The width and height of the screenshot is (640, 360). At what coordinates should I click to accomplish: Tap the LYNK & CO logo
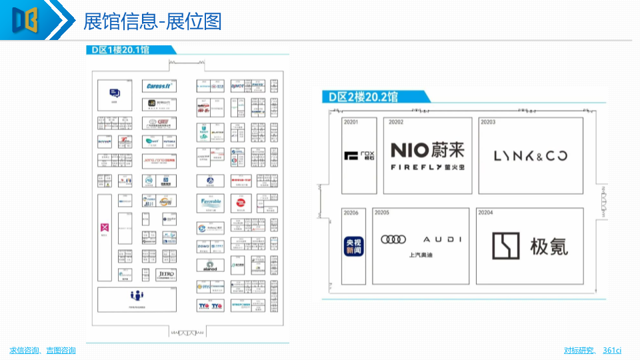point(531,156)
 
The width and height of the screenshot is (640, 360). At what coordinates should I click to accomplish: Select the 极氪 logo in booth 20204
point(531,246)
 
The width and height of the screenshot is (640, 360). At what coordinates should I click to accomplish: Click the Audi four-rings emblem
point(393,239)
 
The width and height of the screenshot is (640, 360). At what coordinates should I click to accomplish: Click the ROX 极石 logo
point(359,156)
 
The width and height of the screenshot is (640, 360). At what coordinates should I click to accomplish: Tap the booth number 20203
point(489,123)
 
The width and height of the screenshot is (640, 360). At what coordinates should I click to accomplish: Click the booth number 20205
point(382,213)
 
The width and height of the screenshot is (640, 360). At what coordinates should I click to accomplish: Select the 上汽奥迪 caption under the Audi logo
point(421,255)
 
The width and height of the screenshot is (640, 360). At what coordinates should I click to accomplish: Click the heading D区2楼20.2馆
point(364,97)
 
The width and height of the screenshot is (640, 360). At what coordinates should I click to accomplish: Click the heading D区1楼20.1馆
point(121,49)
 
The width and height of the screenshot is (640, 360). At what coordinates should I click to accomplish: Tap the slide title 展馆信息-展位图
point(152,22)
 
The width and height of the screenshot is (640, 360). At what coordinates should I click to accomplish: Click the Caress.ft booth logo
point(159,86)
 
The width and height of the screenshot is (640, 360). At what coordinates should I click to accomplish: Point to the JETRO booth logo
point(166,274)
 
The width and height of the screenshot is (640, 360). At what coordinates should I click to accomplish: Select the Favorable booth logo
point(211,201)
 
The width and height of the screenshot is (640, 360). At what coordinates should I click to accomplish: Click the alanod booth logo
point(210,265)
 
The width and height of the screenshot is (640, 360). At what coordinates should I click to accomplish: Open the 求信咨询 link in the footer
point(23,351)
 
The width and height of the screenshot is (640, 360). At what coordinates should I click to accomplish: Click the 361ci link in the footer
point(612,351)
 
